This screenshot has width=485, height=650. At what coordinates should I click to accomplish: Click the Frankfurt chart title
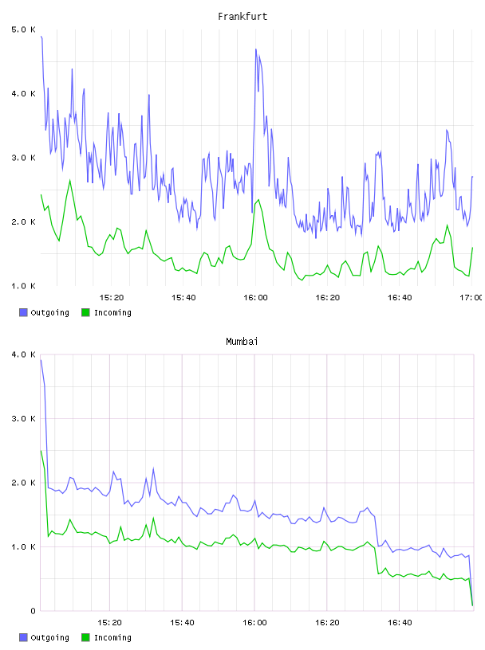pos(242,17)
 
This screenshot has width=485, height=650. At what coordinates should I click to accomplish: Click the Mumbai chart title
pos(242,342)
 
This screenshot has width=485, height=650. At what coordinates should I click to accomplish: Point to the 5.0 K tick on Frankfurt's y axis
pos(23,29)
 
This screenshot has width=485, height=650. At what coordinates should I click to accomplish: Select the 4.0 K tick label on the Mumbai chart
pos(23,354)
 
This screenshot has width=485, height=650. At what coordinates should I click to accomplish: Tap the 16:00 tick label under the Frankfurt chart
pos(255,298)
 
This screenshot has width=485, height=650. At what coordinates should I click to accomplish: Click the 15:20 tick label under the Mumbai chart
pos(109,623)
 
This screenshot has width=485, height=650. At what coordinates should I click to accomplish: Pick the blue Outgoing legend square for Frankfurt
pos(23,312)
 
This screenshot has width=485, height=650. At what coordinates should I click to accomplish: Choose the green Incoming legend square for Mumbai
pos(85,637)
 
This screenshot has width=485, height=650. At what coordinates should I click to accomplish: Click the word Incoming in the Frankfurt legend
pos(112,313)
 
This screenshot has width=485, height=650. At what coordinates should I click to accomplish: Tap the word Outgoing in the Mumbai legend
pos(49,638)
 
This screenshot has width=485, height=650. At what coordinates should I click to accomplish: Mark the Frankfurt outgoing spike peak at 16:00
pos(256,49)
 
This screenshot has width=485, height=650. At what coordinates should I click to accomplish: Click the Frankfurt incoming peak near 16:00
pos(258,200)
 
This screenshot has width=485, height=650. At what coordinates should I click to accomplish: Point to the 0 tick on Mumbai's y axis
pos(34,611)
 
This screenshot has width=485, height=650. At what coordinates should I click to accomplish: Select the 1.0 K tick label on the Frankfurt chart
pos(23,286)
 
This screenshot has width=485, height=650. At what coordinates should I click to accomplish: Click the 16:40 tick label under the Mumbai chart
pos(400,623)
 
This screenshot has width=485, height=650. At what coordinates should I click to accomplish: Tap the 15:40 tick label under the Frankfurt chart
pos(183,298)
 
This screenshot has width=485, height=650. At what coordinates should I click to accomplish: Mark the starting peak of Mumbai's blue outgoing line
pos(41,360)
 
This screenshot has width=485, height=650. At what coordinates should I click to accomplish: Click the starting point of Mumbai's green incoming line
pos(41,451)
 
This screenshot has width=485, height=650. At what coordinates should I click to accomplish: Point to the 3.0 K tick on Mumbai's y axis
pos(23,419)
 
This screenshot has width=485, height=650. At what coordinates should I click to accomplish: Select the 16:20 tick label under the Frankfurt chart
pos(328,298)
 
